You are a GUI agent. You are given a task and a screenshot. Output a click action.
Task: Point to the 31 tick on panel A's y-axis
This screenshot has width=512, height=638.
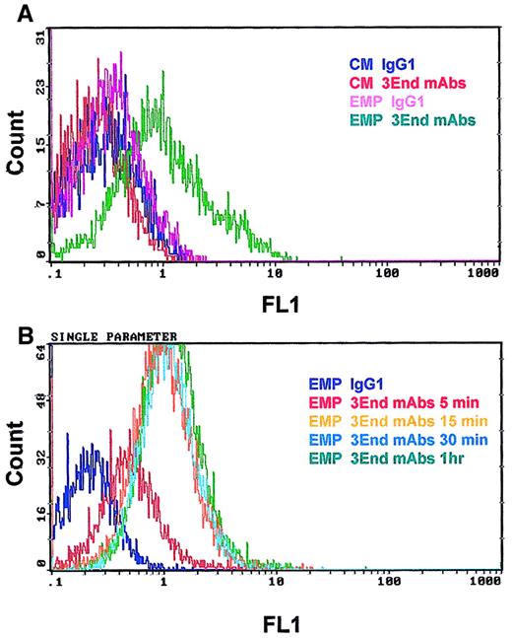40,37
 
